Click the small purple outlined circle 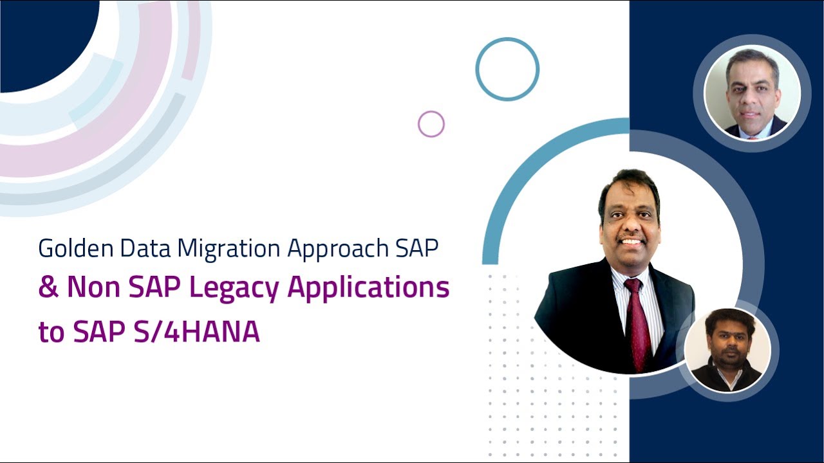coord(431,124)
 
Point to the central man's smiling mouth coord(630,242)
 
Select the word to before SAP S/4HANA coord(51,332)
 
